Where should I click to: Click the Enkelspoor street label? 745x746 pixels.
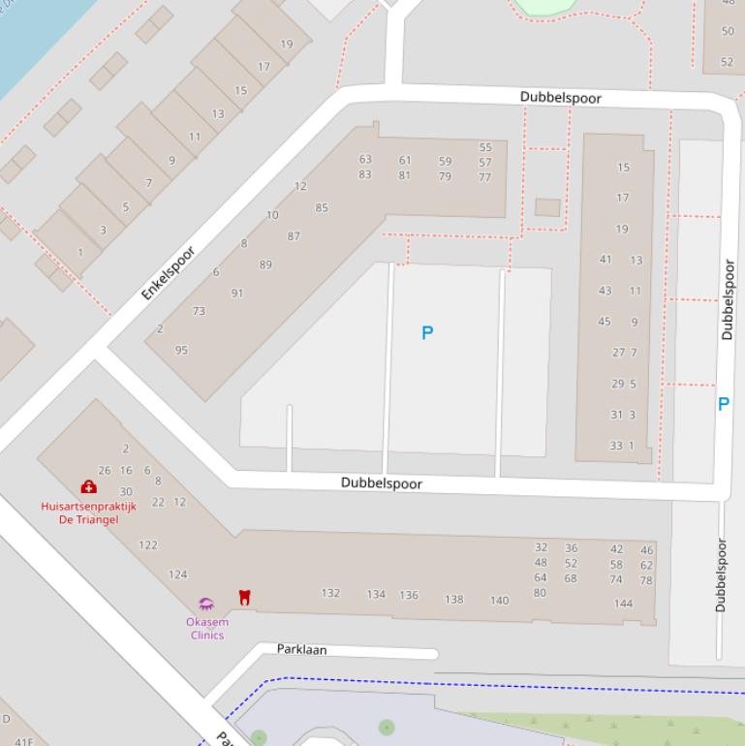(x=169, y=272)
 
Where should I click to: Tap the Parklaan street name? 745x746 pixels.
(x=301, y=650)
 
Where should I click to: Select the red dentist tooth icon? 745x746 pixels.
(x=244, y=598)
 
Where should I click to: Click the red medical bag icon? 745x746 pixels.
(x=88, y=487)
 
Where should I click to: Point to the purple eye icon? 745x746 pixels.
(x=205, y=605)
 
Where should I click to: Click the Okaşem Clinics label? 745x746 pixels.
(x=207, y=629)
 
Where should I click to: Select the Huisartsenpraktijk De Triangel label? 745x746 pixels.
(x=88, y=513)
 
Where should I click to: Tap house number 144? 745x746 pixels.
(x=623, y=604)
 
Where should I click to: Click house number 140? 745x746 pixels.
(x=499, y=601)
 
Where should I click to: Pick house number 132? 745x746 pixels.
(x=330, y=593)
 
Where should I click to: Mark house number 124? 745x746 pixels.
(x=178, y=575)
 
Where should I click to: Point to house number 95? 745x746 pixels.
(x=181, y=351)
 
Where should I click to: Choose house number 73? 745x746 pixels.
(x=199, y=312)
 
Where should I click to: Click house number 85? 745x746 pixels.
(x=322, y=207)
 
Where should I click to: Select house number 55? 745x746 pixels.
(x=485, y=148)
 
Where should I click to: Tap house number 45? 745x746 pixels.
(x=605, y=322)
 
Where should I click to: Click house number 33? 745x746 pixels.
(x=616, y=446)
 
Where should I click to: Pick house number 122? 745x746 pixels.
(x=147, y=545)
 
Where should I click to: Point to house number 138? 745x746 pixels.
(x=453, y=600)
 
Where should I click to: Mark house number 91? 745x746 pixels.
(x=237, y=294)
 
